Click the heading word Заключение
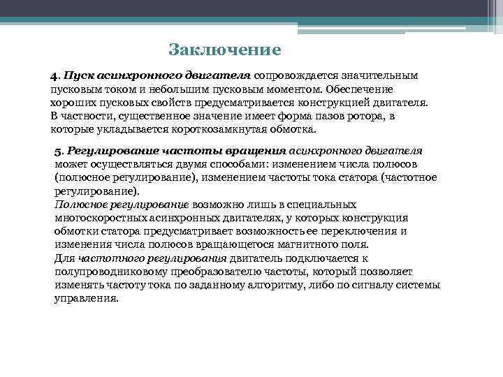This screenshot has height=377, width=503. (225, 50)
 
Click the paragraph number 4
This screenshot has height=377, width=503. (53, 75)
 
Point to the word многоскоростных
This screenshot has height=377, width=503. (96, 218)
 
